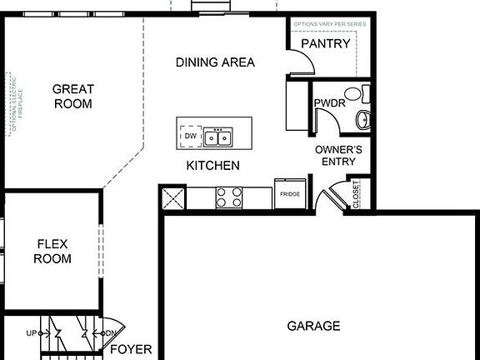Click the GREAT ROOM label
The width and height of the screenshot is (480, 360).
point(72,97)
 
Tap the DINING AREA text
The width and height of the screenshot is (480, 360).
point(215,62)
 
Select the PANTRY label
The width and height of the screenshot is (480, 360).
point(325,44)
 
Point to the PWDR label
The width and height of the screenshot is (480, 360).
point(325,103)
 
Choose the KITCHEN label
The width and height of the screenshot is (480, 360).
point(212,166)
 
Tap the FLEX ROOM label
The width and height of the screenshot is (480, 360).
point(52,251)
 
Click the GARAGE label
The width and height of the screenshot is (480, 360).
point(313,325)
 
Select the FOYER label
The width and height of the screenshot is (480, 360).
point(131,349)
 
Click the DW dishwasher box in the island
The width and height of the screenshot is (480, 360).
point(191,136)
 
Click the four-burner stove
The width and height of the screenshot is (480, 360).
point(229,197)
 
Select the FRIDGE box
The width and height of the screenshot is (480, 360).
point(290,193)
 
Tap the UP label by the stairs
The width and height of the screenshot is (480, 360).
point(32,333)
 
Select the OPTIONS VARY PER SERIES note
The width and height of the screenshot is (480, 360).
point(329,25)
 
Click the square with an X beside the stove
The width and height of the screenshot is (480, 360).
point(172,197)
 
